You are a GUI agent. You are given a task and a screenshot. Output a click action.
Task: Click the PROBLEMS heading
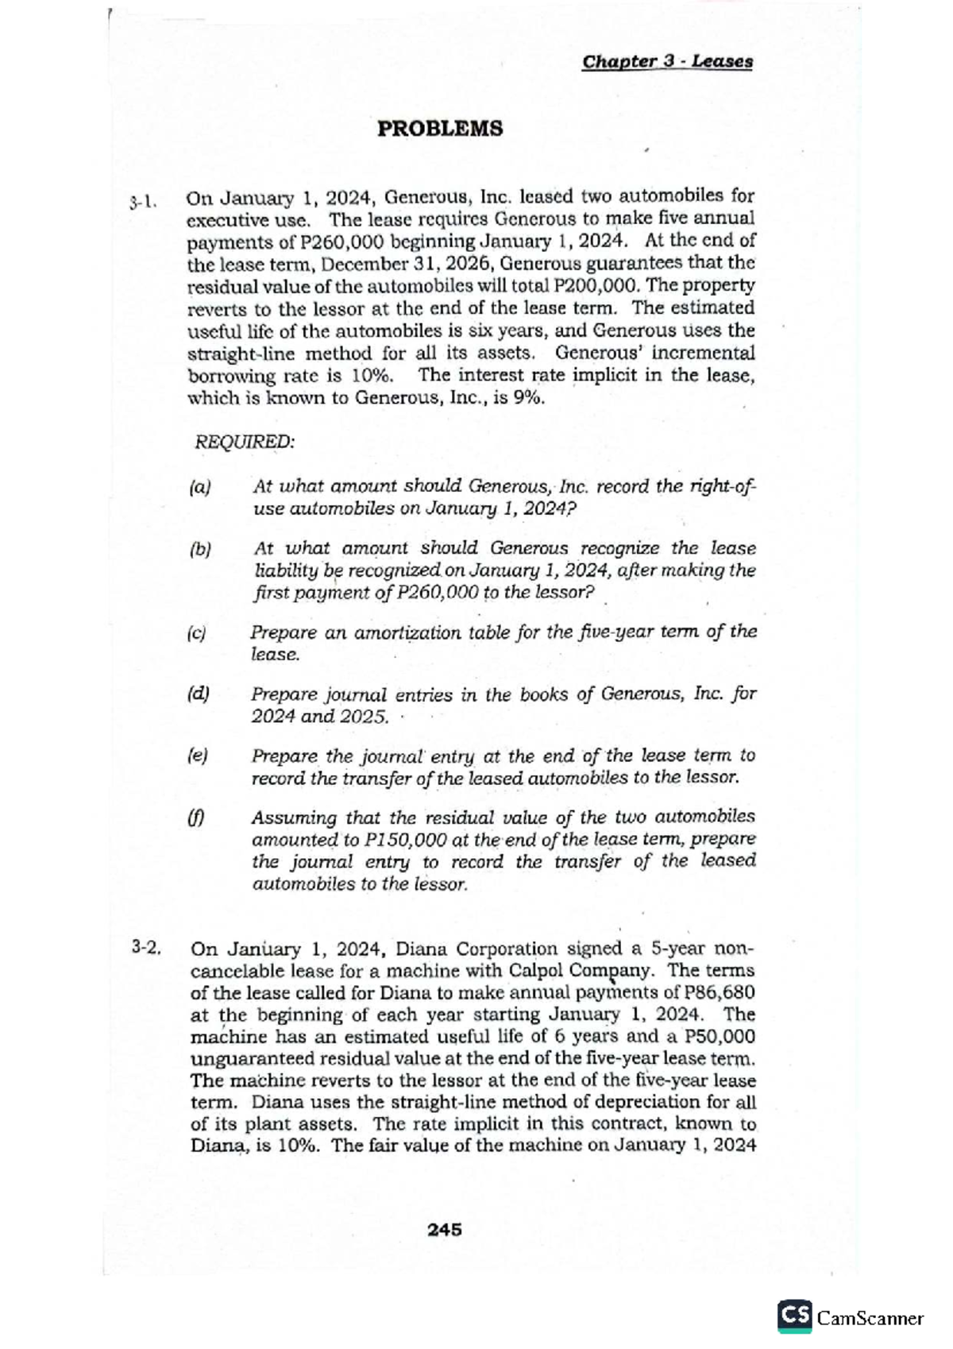(x=439, y=129)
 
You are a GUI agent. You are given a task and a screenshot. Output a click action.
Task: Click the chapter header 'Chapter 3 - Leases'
(x=667, y=62)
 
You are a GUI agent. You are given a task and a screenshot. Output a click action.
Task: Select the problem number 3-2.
(x=148, y=947)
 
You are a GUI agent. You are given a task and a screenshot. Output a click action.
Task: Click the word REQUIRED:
(x=245, y=442)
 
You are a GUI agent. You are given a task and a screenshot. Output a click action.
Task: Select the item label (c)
(x=196, y=633)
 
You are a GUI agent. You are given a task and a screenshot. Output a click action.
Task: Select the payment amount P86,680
(x=713, y=992)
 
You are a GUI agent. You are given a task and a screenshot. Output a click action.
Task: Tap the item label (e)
(x=196, y=756)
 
